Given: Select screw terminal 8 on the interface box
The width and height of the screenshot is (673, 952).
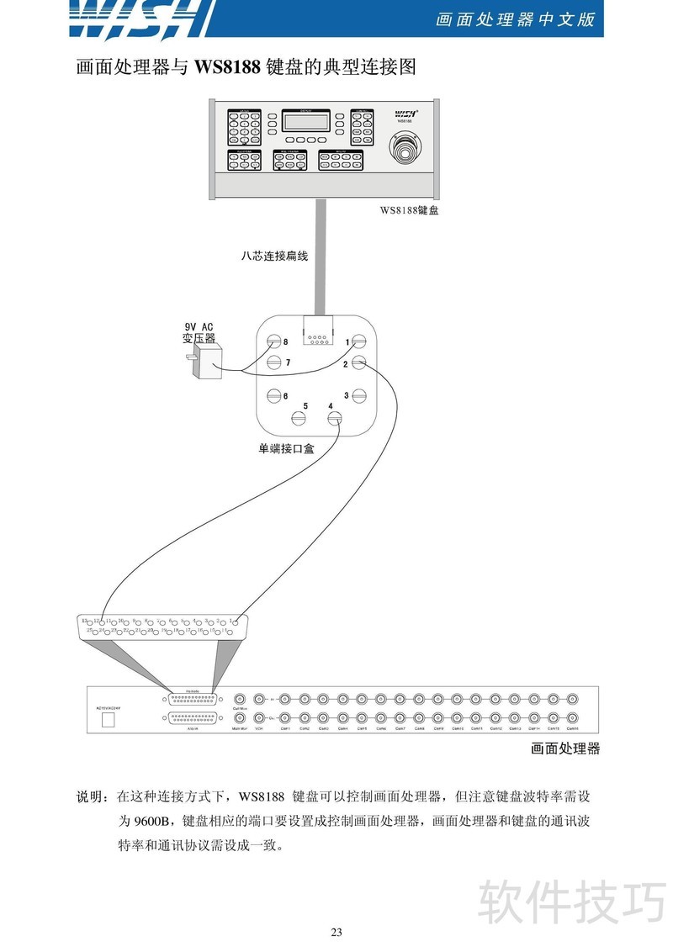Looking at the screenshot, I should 273,342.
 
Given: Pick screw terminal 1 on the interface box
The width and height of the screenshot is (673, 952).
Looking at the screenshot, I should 359,342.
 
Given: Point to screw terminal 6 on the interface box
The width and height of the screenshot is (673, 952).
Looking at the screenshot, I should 273,395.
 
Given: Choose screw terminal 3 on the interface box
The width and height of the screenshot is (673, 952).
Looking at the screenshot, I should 359,395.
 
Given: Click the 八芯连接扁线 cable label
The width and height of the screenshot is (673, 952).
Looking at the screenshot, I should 274,257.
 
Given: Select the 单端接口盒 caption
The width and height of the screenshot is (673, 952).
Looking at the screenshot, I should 286,449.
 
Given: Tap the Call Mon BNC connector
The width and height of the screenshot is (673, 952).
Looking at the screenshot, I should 240,699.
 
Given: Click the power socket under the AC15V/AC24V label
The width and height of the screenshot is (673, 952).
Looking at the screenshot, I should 107,720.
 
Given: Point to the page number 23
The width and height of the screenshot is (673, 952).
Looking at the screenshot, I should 336,932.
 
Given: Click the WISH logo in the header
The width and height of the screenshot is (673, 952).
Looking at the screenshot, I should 140,19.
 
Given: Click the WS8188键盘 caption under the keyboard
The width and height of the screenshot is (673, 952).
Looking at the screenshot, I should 409,210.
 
